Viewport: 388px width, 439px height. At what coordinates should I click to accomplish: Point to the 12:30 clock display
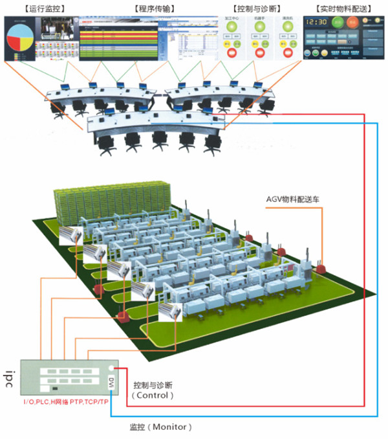pos(316,22)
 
